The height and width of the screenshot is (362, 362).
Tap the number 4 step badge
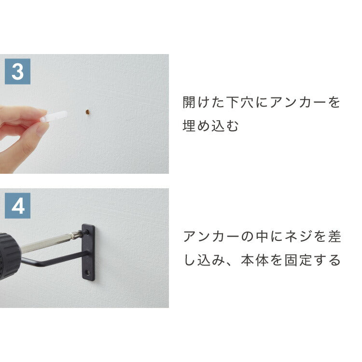17,206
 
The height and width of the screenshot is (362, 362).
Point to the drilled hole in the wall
88,112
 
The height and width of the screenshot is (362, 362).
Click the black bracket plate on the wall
88,252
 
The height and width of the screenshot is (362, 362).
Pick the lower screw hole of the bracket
88,273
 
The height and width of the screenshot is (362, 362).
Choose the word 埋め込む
211,126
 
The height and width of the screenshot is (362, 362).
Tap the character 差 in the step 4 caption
334,237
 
